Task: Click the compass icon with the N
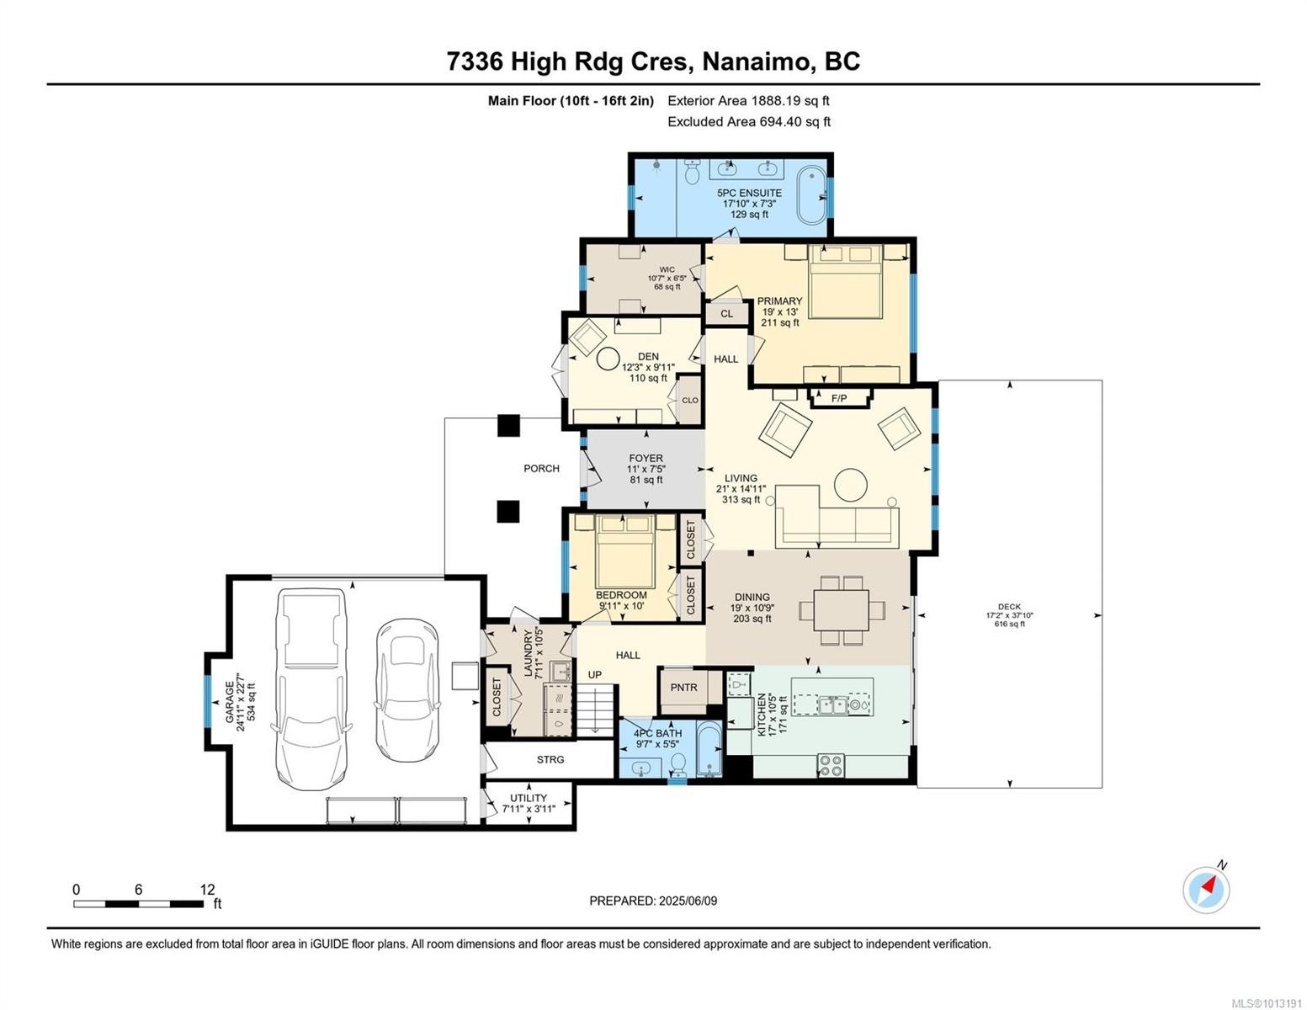point(1206,890)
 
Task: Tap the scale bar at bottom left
point(138,904)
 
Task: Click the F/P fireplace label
point(839,398)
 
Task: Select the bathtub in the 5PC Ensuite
point(812,195)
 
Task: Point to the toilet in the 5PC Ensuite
point(693,173)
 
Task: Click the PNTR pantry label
point(684,688)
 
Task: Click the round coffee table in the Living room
point(851,485)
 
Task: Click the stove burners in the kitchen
point(831,765)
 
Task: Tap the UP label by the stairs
point(595,675)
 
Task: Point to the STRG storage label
point(550,760)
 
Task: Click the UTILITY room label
point(529,798)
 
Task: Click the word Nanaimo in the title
point(757,61)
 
